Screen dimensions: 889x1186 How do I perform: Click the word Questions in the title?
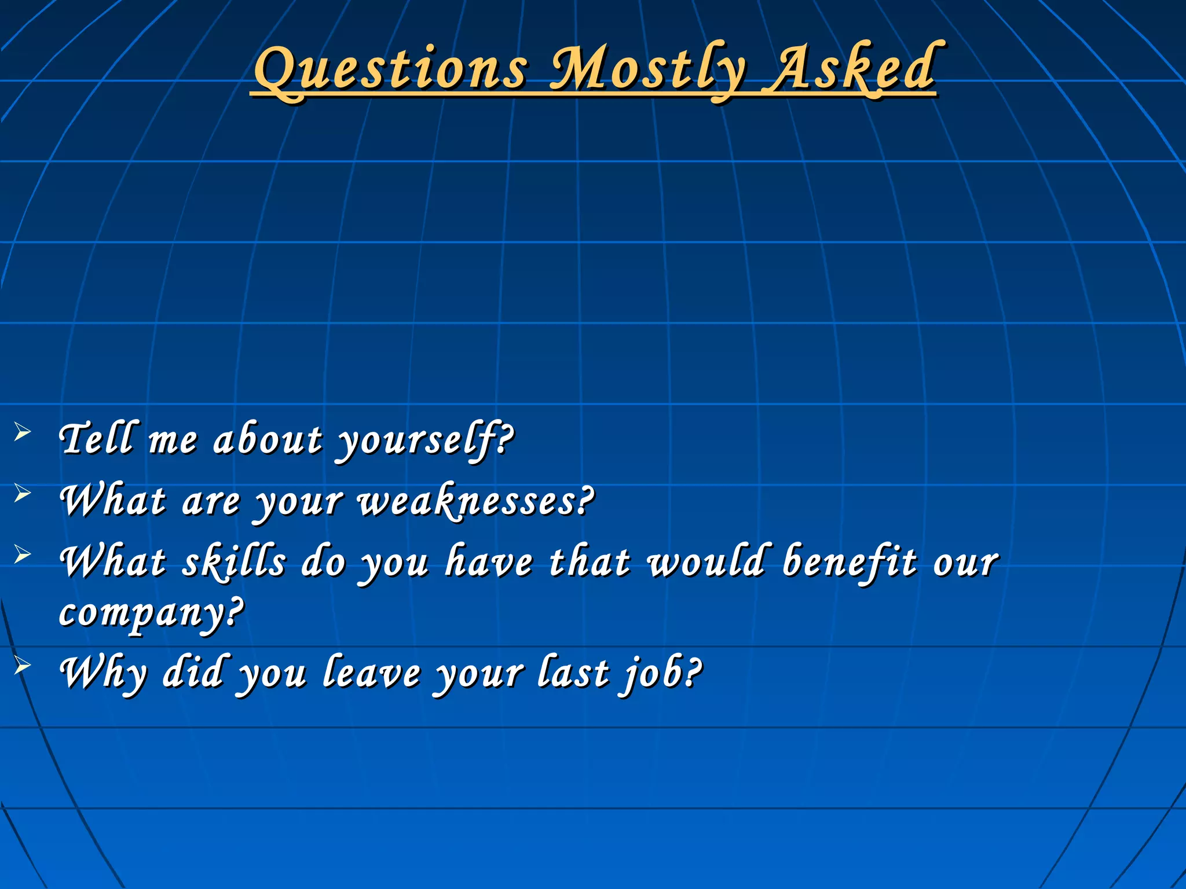point(391,69)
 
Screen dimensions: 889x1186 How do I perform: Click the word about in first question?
point(268,440)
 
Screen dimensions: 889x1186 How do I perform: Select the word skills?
point(234,561)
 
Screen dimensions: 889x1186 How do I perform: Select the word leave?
point(371,673)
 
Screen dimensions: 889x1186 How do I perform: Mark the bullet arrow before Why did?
point(22,666)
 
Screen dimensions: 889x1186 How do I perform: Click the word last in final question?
point(573,673)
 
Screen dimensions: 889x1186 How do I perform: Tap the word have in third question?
point(489,561)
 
